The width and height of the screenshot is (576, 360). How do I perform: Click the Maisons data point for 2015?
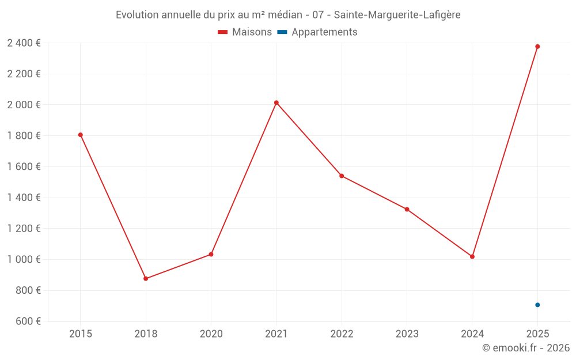pos(81,135)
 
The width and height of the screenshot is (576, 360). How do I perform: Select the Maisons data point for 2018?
pos(146,279)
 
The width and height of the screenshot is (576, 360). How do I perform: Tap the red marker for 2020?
pos(211,254)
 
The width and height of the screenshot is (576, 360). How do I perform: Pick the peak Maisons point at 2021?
pos(276,103)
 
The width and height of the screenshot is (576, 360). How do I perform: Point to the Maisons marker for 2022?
pos(342,176)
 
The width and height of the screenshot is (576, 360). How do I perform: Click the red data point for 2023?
pos(407,209)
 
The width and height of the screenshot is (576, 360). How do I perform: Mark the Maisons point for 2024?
pos(472,256)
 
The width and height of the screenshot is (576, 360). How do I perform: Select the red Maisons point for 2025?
pos(537,47)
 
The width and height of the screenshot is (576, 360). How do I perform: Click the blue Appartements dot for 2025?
pos(537,305)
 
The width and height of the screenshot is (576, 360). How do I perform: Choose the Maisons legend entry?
pos(245,32)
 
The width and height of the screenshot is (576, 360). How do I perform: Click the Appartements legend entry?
pos(317,32)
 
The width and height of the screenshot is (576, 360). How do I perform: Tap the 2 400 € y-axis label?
pos(24,43)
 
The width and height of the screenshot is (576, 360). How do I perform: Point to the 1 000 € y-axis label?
pos(24,259)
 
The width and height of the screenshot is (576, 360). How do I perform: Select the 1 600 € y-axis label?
pos(24,166)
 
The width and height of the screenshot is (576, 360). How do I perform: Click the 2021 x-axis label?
pos(276,334)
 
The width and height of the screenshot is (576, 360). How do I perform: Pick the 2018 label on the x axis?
pos(146,334)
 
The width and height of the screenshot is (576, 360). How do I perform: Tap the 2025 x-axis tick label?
pos(537,334)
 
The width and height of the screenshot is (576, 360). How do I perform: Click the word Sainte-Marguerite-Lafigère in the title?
pos(397,15)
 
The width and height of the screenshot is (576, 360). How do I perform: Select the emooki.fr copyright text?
pos(525,348)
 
